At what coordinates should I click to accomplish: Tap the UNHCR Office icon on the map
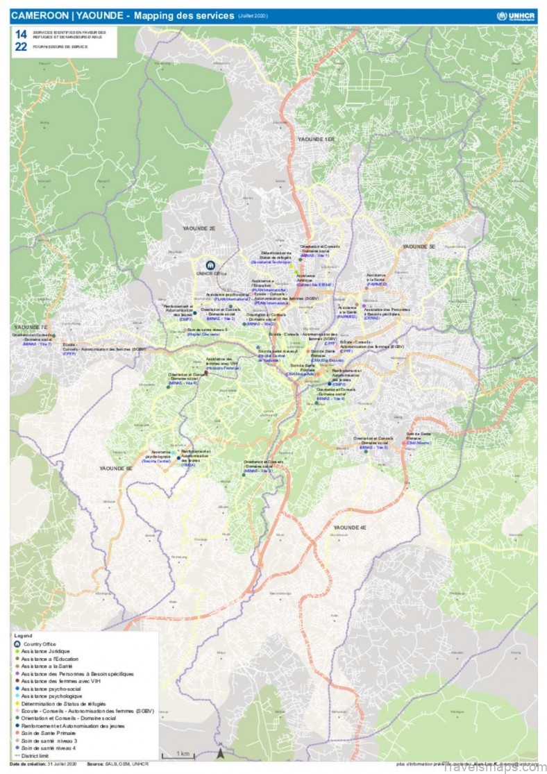[x=210, y=264]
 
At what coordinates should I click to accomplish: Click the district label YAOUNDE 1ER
[x=316, y=140]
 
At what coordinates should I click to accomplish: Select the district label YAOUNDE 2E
[x=199, y=228]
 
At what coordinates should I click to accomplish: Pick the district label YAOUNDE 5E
[x=419, y=246]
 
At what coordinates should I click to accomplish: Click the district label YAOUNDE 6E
[x=115, y=469]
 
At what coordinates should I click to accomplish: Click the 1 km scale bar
[x=183, y=753]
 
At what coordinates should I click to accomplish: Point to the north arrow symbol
[x=221, y=752]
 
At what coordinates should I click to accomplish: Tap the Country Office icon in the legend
[x=17, y=643]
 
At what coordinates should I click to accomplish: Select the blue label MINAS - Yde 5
[x=373, y=448]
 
